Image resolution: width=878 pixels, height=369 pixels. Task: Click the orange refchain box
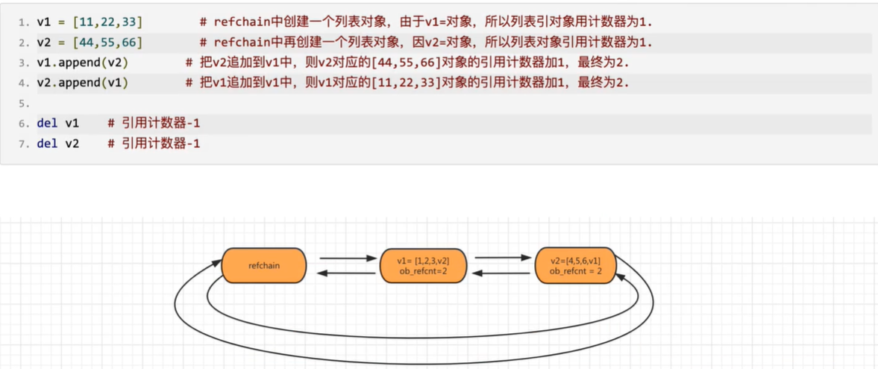[x=264, y=265]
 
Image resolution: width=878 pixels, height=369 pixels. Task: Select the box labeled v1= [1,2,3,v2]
[x=424, y=265]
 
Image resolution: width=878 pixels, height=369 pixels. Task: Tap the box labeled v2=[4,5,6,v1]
[x=575, y=265]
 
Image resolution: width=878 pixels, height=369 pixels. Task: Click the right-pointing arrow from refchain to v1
[x=348, y=258]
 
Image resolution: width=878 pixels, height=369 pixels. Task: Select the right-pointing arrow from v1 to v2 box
[x=501, y=258]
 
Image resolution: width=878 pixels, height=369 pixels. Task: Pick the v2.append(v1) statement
[x=82, y=82]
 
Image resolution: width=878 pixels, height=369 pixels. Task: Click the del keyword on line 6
[x=46, y=123]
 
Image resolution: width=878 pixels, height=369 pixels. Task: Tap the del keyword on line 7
[x=46, y=142]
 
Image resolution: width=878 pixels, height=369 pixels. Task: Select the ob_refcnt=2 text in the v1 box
[x=424, y=271]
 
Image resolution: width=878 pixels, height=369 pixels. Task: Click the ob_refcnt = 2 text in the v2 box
[x=576, y=271]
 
